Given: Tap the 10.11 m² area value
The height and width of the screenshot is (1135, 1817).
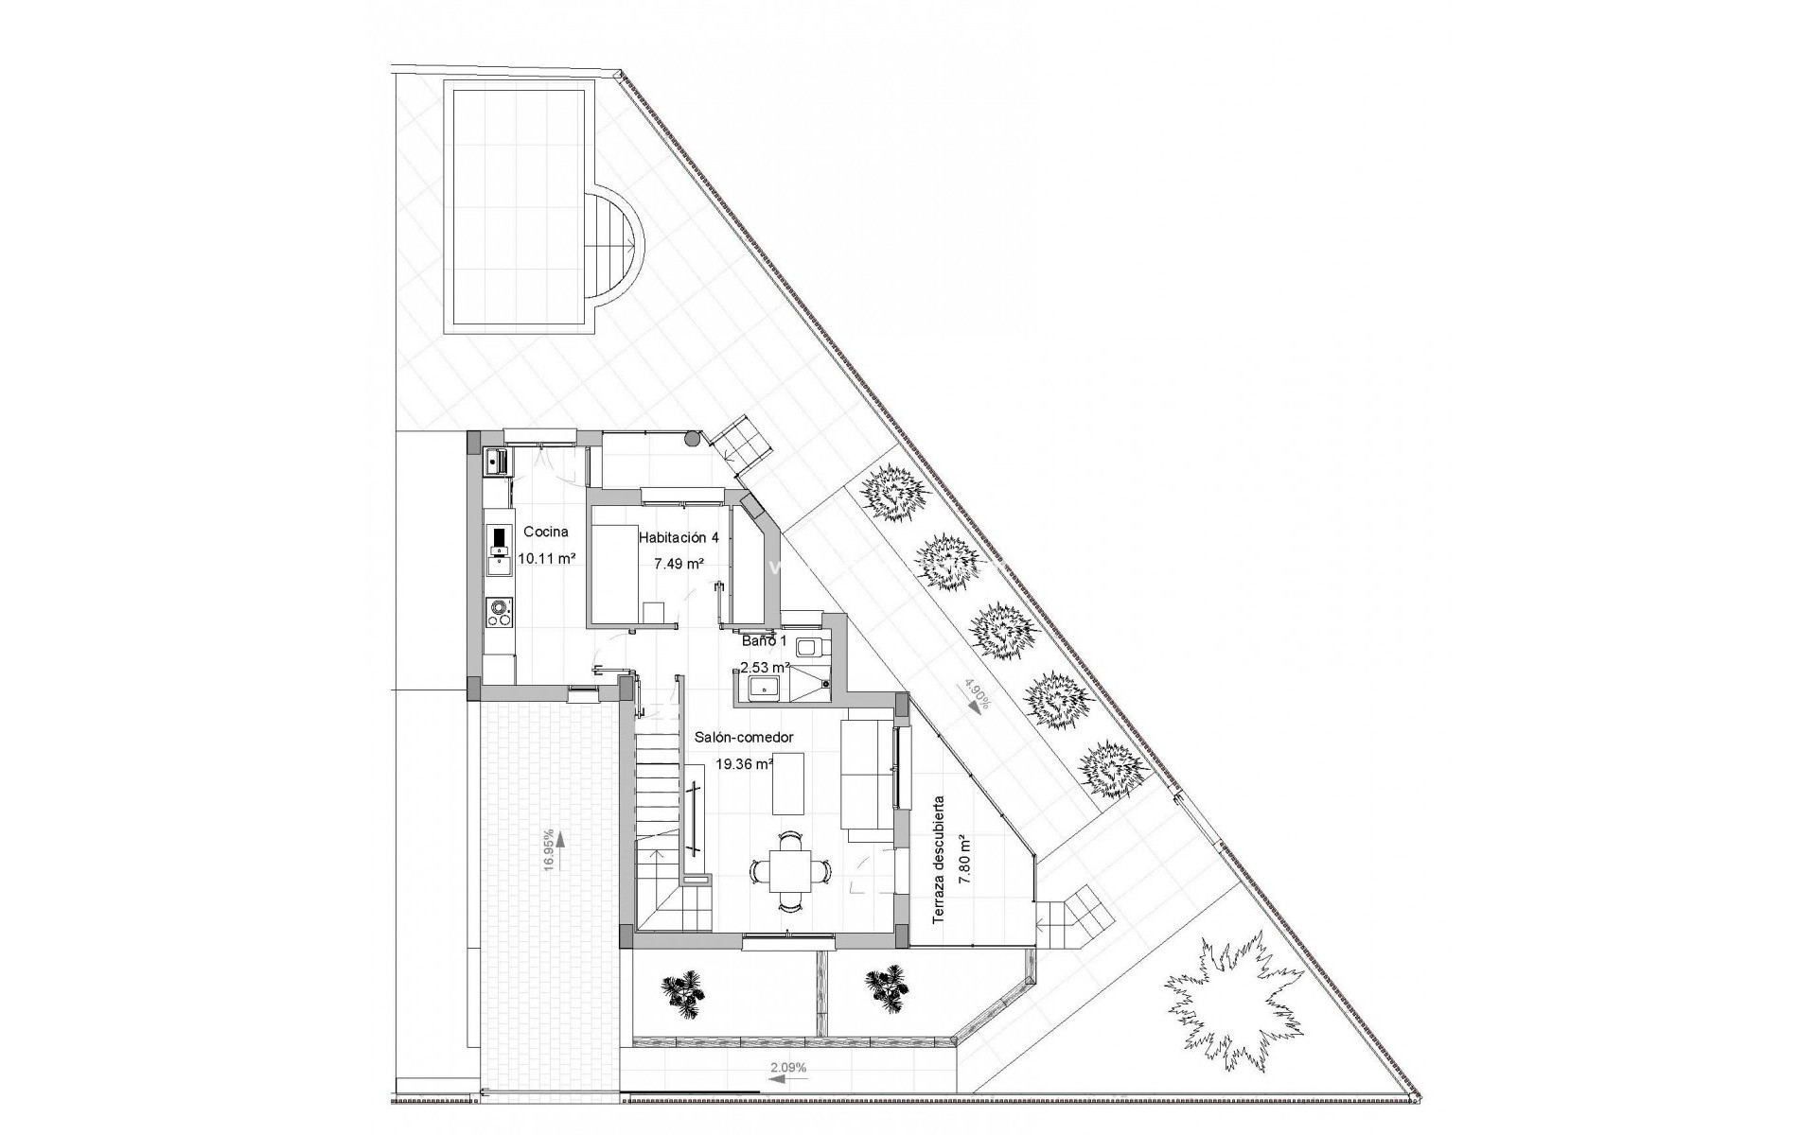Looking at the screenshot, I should point(547,558).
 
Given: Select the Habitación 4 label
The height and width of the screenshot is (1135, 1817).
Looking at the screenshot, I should point(679,537).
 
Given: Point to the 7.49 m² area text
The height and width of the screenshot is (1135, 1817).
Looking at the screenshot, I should point(679,564).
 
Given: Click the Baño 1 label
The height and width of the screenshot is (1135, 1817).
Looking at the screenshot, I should point(764,640).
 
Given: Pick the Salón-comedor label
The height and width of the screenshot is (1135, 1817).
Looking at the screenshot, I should point(744,737).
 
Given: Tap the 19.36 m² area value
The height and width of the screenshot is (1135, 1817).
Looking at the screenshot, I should point(744,764).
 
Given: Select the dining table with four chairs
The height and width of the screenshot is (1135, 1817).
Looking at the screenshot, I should point(788,869).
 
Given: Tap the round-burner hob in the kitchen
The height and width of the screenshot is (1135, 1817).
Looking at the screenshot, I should point(498,613).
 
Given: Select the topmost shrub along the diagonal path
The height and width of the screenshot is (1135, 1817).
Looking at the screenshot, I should point(891,494).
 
